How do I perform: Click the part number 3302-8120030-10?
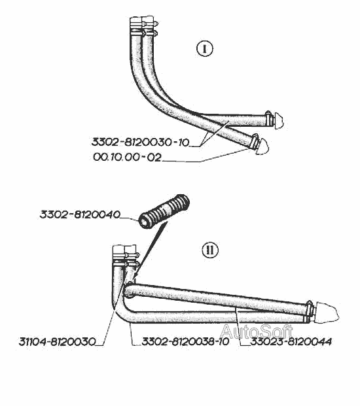141,142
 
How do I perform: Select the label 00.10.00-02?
127,157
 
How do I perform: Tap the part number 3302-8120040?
80,214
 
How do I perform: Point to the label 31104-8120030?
58,341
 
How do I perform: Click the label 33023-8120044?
291,341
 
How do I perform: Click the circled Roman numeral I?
205,49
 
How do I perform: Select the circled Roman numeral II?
210,250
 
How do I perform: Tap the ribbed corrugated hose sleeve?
164,211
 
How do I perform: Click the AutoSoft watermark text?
257,331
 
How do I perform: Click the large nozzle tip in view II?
326,313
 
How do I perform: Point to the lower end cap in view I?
262,146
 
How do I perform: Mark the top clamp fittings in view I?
143,26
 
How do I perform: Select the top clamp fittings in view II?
126,256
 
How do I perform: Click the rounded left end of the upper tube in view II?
128,290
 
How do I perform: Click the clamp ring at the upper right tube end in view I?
269,119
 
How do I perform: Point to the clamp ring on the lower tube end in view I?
254,141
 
